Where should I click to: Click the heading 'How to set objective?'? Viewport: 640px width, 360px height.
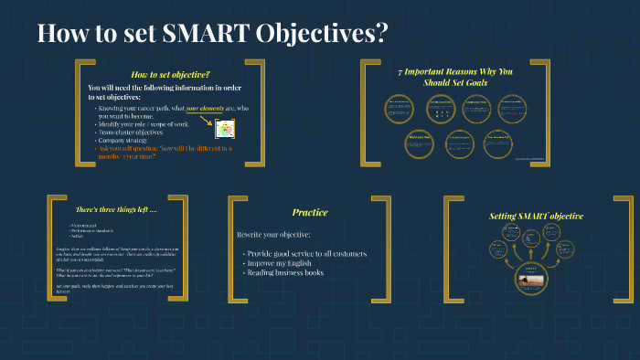click(171, 74)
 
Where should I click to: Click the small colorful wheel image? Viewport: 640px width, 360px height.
click(221, 131)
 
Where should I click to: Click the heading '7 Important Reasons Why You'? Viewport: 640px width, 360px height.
click(455, 70)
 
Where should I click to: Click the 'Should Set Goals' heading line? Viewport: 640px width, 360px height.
click(455, 82)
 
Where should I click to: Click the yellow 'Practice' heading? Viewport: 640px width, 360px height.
click(310, 212)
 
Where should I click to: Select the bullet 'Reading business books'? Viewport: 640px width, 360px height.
click(286, 272)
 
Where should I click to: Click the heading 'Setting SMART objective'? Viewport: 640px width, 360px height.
click(536, 217)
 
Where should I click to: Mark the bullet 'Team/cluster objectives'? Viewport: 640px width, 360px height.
click(142, 132)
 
